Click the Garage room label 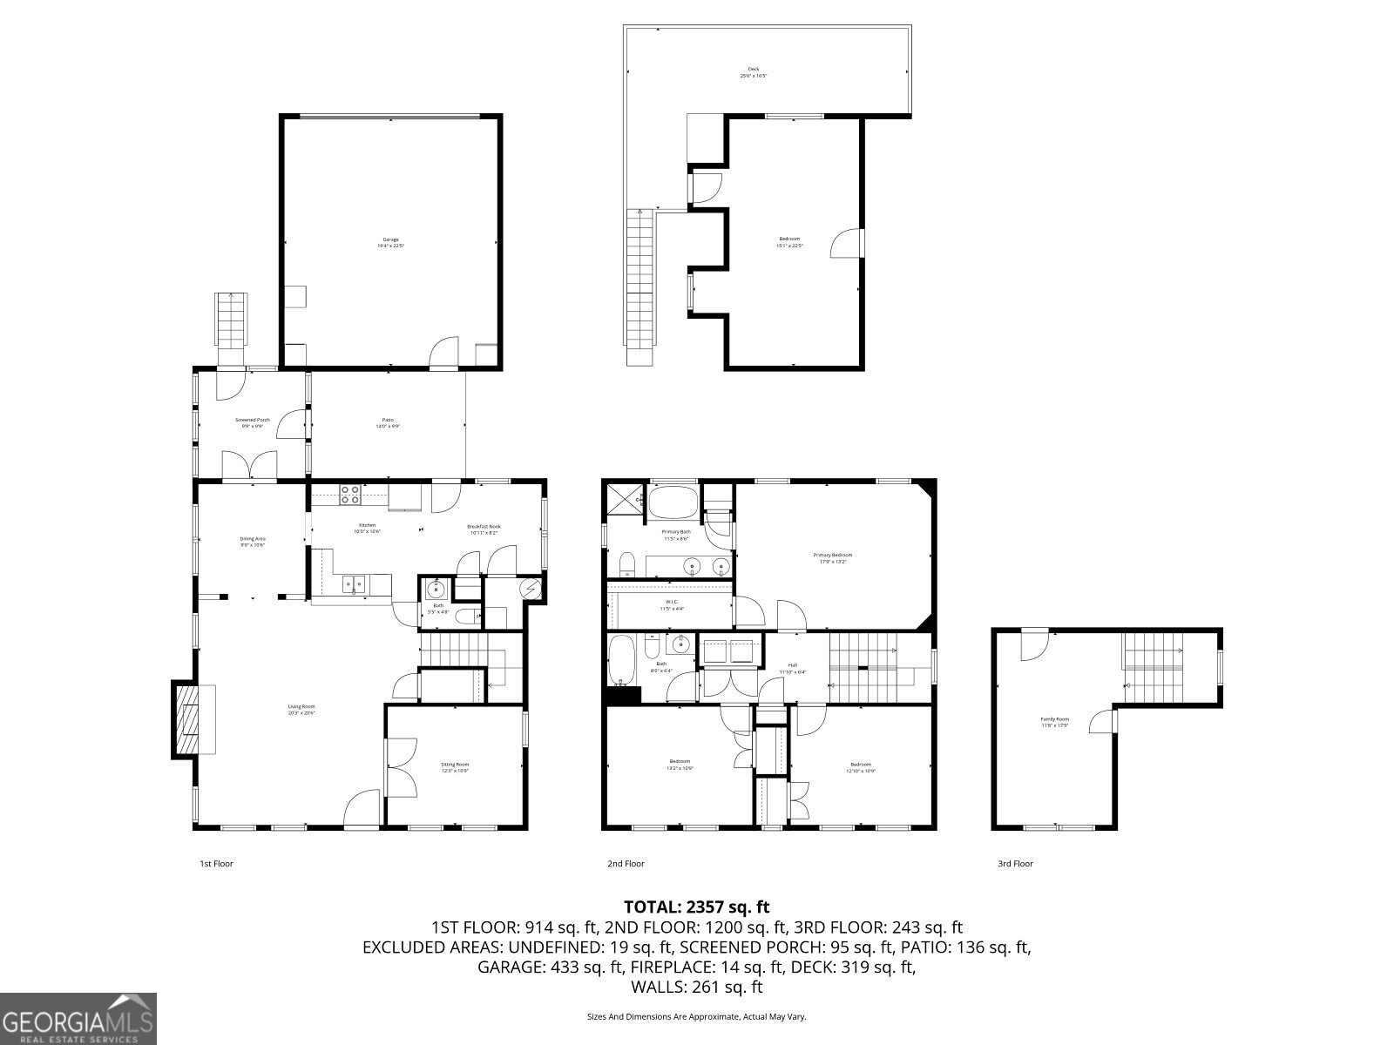point(390,243)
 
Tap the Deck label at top point(754,72)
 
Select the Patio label point(389,423)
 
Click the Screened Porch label point(252,423)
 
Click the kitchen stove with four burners point(349,495)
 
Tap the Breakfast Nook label point(484,529)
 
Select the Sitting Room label point(455,767)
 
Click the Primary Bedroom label point(832,558)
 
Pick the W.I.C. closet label point(672,605)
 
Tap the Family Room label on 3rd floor point(1054,722)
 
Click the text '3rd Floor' point(1015,864)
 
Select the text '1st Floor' point(217,864)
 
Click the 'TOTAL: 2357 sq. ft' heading point(697,907)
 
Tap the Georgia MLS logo point(78,1017)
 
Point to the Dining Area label point(253,542)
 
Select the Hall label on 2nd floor point(792,668)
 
